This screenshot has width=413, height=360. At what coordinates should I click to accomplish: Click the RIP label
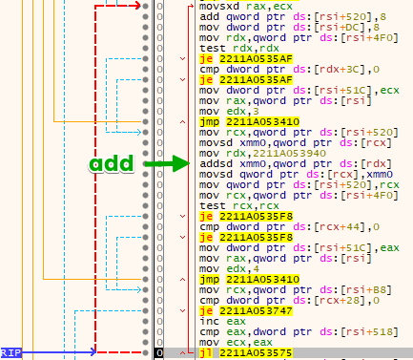coord(10,352)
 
